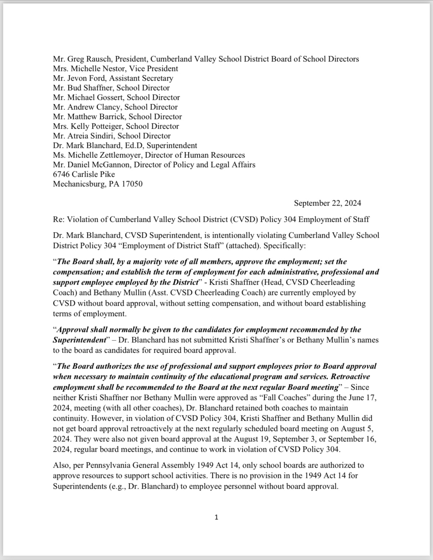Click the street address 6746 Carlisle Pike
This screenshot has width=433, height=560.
pyautogui.click(x=84, y=174)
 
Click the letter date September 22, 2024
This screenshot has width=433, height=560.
pyautogui.click(x=328, y=203)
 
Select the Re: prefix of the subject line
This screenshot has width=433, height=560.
pyautogui.click(x=58, y=219)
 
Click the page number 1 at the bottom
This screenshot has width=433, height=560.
pyautogui.click(x=216, y=517)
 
